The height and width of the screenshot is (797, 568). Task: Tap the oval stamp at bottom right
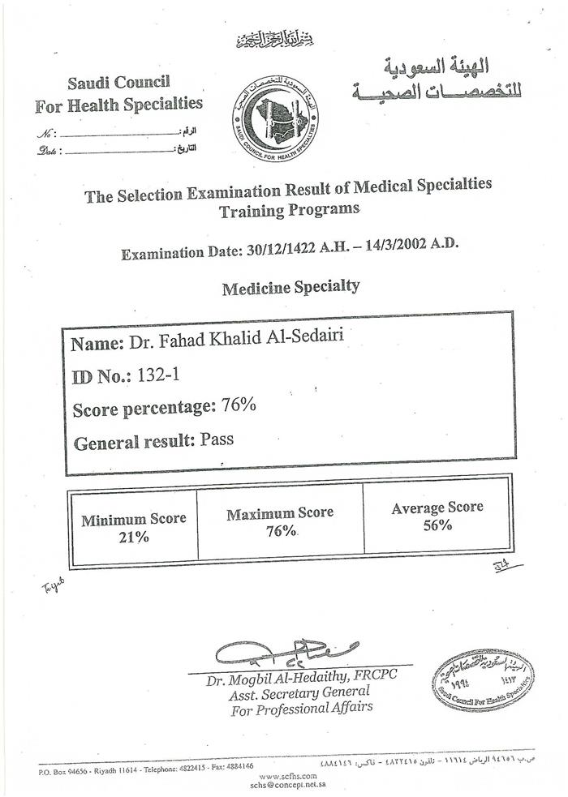pyautogui.click(x=483, y=680)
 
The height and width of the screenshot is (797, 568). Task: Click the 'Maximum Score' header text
pyautogui.click(x=280, y=513)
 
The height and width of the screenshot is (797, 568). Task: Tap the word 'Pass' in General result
pyautogui.click(x=217, y=440)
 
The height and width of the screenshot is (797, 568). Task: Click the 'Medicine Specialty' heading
pyautogui.click(x=290, y=286)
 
